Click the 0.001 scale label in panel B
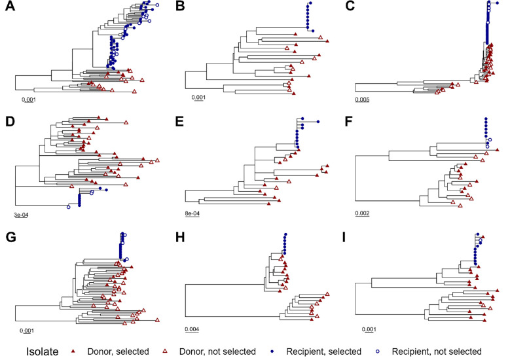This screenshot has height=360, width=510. click(x=199, y=100)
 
